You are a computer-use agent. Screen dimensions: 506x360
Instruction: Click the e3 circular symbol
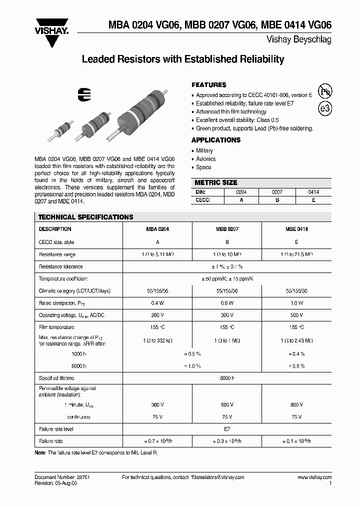point(325,108)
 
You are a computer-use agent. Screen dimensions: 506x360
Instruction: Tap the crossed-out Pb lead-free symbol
point(325,91)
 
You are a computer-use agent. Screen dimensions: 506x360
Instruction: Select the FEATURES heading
point(209,85)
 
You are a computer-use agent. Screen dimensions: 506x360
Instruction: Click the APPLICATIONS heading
point(216,140)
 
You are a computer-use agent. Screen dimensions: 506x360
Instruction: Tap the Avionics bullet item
point(206,159)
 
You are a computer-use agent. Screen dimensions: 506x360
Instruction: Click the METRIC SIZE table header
point(216,182)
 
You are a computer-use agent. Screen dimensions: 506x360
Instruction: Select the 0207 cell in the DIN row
point(276,192)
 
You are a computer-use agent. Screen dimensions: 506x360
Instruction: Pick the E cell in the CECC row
point(313,199)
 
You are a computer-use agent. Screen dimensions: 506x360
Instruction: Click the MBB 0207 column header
point(227,229)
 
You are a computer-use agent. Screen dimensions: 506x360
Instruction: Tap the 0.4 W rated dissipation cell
point(157,303)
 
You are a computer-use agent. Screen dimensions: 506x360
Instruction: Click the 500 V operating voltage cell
point(296,315)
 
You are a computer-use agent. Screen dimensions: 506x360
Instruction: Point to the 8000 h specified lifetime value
point(227,378)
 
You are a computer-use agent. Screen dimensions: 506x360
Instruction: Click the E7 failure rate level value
point(227,429)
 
